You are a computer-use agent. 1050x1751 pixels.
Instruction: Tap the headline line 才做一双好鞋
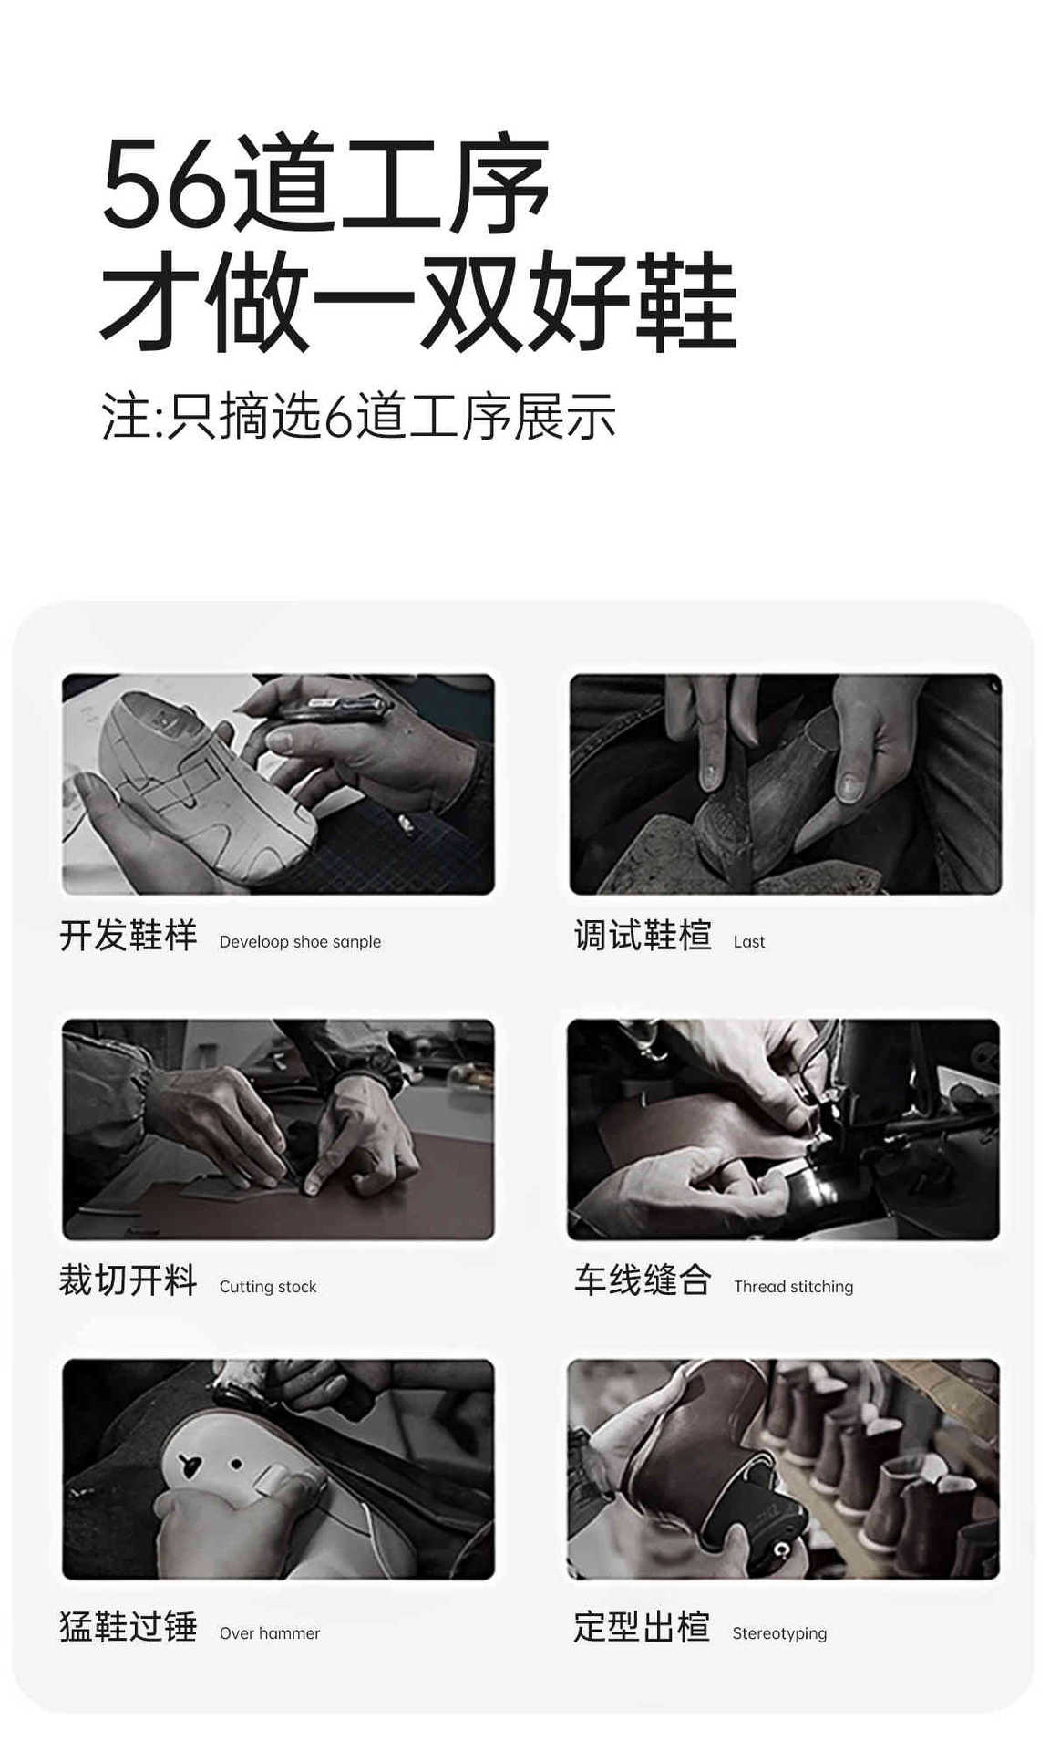pos(417,301)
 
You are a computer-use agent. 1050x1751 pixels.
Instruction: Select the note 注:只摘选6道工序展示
pos(358,417)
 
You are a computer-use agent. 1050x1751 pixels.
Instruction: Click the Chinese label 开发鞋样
pos(129,936)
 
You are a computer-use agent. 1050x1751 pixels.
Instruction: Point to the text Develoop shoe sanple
pos(300,941)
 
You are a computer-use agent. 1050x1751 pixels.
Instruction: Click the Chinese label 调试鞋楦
pos(643,936)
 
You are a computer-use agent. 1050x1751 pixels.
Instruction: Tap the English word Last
pos(749,941)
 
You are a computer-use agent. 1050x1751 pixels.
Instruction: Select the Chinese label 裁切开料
pos(129,1280)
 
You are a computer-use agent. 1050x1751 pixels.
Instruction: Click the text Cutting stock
pos(268,1287)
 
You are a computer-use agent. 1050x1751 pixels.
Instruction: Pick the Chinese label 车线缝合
pos(643,1280)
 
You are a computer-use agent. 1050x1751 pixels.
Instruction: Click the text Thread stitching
pos(794,1287)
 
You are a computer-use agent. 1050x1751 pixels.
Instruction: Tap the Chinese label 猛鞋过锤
pos(129,1627)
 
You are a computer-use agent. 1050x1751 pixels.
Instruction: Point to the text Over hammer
pos(270,1633)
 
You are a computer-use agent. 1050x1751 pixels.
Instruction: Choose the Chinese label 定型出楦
pos(642,1627)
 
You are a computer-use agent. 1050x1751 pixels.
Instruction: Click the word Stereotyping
pos(779,1633)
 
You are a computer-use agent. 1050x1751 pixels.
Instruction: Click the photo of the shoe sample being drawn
pos(278,784)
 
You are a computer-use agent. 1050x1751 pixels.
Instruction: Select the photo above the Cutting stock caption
pos(278,1129)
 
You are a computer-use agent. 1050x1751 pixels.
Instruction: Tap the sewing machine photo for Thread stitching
pos(783,1129)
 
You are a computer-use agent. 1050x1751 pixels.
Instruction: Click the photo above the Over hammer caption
pos(278,1469)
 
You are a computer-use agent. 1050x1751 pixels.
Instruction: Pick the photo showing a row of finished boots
pos(783,1469)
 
